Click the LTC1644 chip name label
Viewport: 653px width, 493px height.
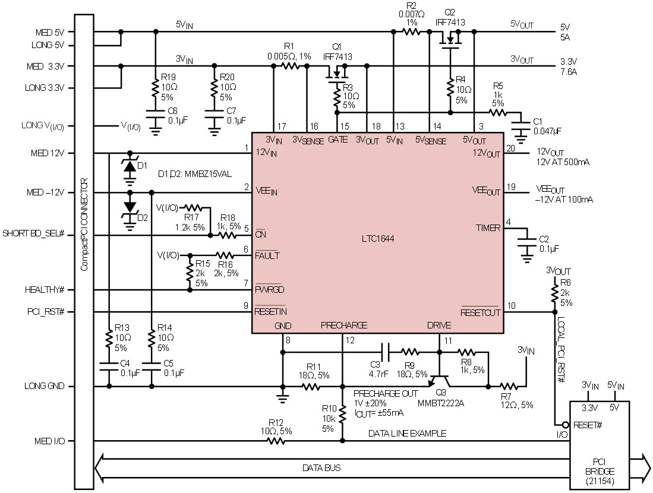(378, 239)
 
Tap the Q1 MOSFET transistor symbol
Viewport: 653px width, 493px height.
(337, 74)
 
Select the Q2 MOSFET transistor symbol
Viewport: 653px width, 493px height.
(450, 40)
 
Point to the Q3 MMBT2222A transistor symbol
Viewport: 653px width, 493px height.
(439, 380)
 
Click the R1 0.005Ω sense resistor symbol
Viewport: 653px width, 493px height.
(291, 66)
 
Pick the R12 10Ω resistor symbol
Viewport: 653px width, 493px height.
(276, 441)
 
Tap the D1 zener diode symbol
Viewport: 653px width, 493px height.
(130, 166)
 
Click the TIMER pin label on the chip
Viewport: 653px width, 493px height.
(488, 227)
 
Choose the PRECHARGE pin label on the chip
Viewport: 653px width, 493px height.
(344, 325)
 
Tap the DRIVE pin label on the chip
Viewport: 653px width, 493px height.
(439, 325)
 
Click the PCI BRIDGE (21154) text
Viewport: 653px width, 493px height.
(600, 472)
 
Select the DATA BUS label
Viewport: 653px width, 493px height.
(321, 467)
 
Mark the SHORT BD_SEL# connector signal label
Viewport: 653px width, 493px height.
(33, 233)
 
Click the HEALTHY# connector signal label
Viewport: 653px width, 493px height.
(45, 290)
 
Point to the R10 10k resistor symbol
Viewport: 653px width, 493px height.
(342, 415)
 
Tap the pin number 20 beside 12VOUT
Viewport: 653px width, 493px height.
(510, 148)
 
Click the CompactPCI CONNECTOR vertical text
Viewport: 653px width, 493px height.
(84, 225)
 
